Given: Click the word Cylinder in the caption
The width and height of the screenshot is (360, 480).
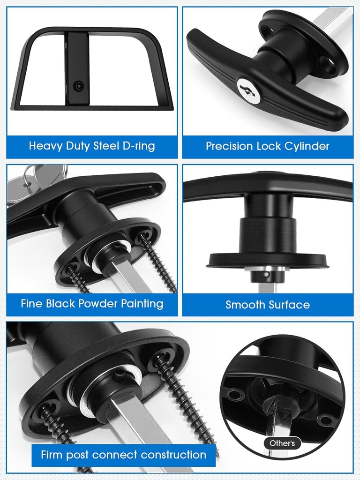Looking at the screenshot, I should coord(306,146).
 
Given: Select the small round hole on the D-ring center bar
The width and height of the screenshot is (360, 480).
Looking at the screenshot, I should coord(78,86).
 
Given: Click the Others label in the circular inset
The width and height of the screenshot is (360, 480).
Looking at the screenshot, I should coord(282,443).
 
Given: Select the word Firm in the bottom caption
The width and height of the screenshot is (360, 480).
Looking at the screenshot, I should coord(52,455).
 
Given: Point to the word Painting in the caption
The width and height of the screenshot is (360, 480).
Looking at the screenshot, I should coord(142,303).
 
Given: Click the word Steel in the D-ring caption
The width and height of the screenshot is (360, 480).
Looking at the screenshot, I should coord(105,146).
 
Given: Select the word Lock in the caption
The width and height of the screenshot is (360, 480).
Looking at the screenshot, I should coord(268,146).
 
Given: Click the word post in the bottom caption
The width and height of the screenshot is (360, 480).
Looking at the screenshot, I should coord(78,455).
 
